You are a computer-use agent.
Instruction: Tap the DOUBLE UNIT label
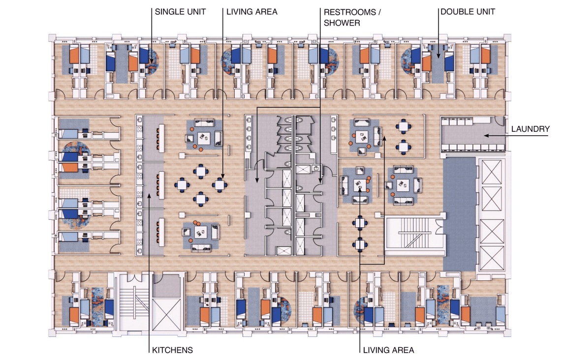coord(467,11)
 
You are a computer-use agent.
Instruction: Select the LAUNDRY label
coord(530,129)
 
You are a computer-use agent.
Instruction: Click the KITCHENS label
coord(171,350)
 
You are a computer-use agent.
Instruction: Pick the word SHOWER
coord(342,23)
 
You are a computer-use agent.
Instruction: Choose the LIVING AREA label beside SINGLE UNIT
coord(252,11)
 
